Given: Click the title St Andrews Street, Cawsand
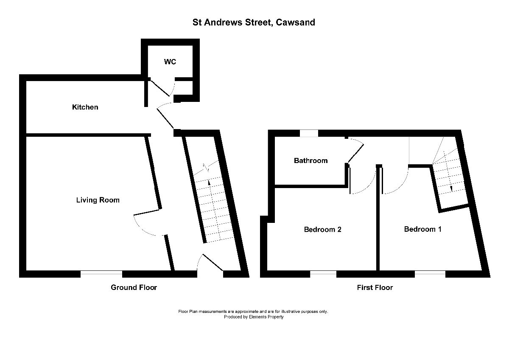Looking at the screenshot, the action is coord(254,22).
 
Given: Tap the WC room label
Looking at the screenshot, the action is coord(170,62).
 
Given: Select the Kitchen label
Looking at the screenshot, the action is coord(85,107).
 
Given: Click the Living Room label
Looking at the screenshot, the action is coord(98,200).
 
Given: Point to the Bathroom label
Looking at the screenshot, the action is coord(310,160).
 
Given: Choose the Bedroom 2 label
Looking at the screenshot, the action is coord(323,230).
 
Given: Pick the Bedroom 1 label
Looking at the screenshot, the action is coord(423,229).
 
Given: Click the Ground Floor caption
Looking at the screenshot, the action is coord(134,287).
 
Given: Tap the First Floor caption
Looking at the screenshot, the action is coord(375,287).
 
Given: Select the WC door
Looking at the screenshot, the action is coord(159,87).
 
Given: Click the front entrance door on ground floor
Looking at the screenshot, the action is coord(212,262).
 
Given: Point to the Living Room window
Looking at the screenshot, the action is coord(101,274).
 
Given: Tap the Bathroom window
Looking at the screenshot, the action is coord(309,133).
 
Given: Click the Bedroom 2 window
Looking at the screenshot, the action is coord(323,274).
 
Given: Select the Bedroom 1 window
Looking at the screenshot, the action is coord(430,274).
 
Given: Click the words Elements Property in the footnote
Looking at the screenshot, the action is coord(266,317).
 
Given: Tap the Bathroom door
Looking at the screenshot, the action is coord(356,152).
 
